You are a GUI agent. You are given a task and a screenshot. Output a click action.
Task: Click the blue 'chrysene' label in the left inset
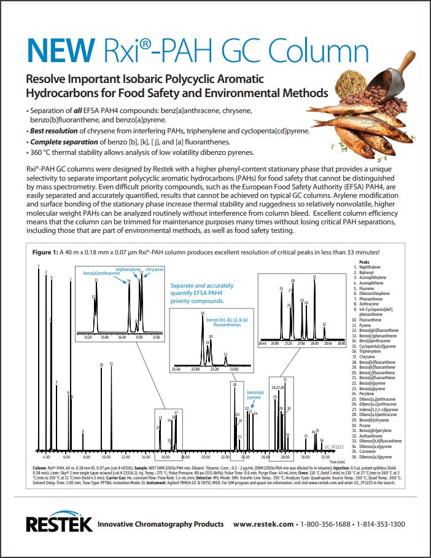coord(154,270)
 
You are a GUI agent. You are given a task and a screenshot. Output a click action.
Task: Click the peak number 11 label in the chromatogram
coord(111,364)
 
